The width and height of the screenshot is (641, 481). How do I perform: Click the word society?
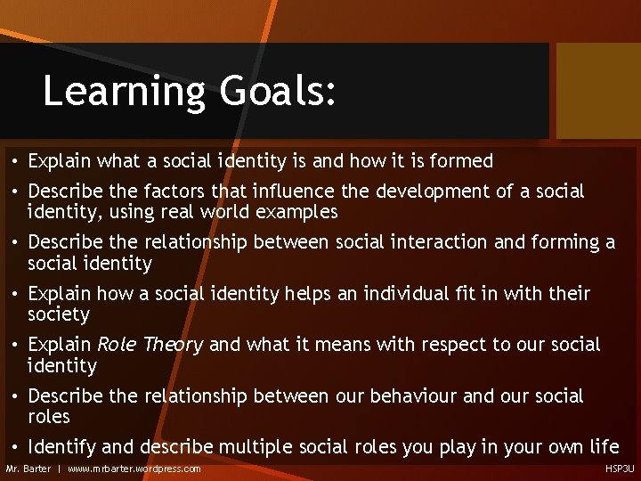click(x=59, y=314)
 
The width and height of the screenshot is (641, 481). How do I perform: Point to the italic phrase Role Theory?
click(x=150, y=345)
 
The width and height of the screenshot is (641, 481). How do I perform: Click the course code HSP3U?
click(x=621, y=469)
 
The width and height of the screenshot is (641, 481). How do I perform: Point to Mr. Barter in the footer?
click(x=28, y=469)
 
